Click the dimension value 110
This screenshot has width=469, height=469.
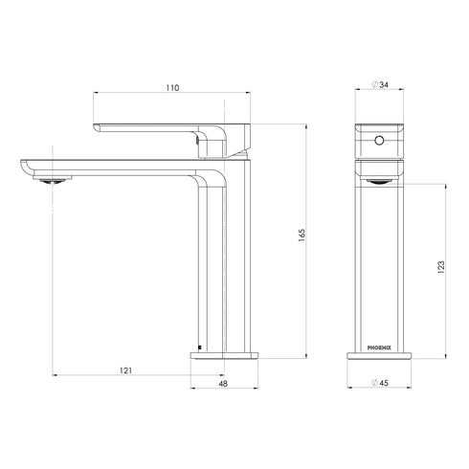click(x=171, y=88)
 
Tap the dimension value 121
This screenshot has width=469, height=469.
click(x=125, y=370)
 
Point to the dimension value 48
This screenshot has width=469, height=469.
click(x=225, y=384)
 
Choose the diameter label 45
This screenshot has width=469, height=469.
click(x=385, y=384)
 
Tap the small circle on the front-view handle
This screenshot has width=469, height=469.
click(x=379, y=141)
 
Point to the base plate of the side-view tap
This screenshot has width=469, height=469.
click(x=225, y=354)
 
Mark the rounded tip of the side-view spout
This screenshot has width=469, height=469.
click(x=23, y=164)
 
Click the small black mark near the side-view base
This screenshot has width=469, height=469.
click(x=198, y=346)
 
